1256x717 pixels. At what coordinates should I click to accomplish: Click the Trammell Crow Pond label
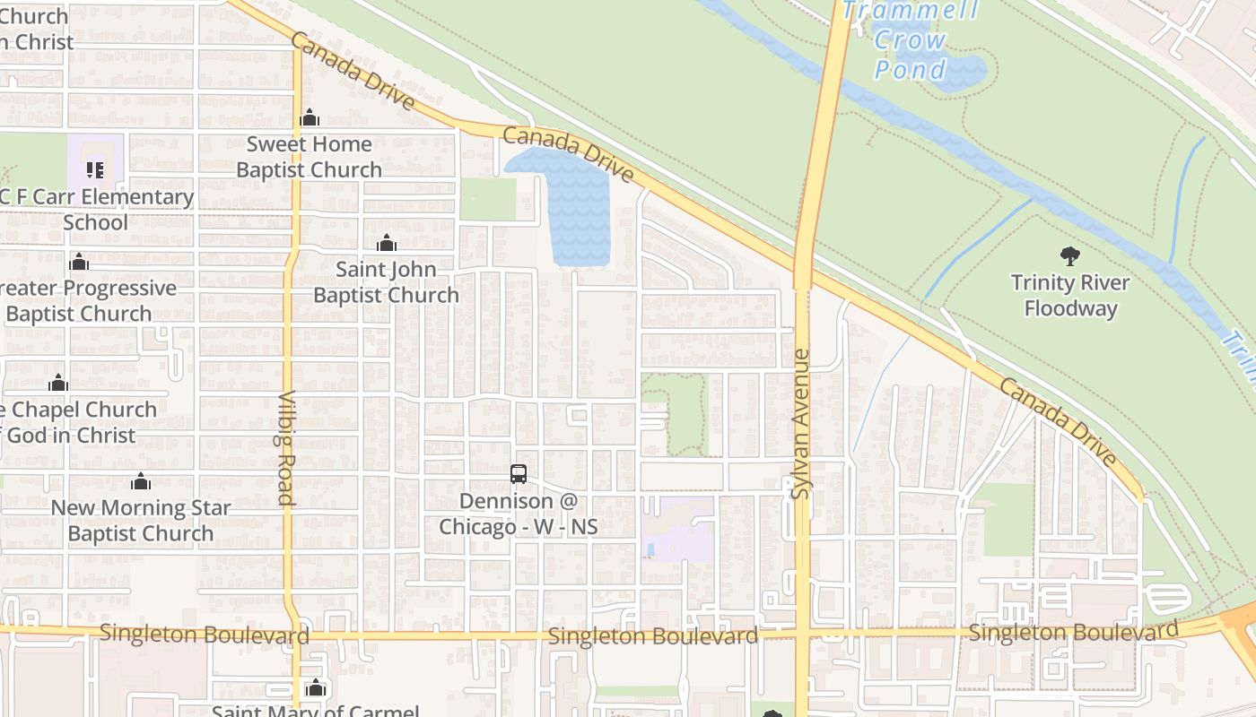910,39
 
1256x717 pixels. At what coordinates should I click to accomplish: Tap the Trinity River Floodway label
1069,296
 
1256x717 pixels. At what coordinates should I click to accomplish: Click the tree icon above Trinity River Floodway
1069,256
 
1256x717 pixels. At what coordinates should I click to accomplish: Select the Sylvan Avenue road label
800,425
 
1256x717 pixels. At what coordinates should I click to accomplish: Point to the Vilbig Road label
286,448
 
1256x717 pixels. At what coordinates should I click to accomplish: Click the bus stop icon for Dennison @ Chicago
518,474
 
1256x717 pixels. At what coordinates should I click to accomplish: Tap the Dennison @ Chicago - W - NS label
518,514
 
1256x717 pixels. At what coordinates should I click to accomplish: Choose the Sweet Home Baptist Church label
309,157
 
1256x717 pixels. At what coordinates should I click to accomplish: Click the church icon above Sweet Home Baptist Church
310,117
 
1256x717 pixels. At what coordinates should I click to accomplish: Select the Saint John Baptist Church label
386,281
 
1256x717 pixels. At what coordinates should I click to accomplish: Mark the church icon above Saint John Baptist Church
387,243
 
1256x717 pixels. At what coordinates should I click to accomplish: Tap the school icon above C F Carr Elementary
95,169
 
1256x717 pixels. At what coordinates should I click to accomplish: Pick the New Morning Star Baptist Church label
140,520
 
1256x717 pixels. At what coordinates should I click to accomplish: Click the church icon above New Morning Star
140,482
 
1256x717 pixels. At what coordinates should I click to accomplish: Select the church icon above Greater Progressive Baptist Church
79,262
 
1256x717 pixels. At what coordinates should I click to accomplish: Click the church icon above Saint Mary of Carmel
315,687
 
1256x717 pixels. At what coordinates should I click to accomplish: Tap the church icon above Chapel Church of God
58,384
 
